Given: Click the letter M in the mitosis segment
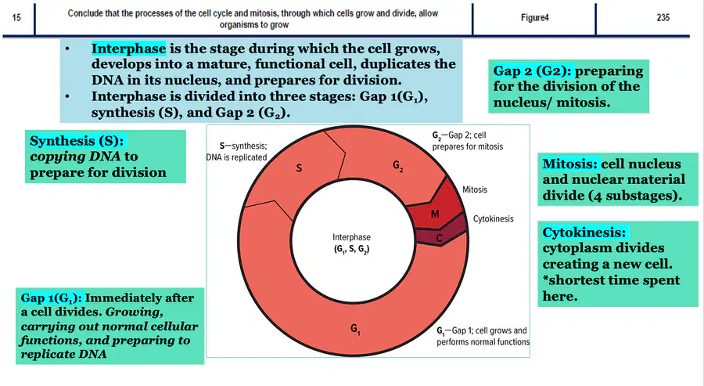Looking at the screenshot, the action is click(435, 214).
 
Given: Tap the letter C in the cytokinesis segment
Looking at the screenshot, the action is click(439, 238).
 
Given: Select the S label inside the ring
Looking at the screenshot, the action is click(299, 168).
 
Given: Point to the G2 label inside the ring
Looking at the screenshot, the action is click(398, 166).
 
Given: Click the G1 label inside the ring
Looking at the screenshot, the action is click(355, 330).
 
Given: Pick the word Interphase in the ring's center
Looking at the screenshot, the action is click(351, 236).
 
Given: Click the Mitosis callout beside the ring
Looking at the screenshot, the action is click(475, 189).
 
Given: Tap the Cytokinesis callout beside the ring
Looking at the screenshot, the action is click(493, 219).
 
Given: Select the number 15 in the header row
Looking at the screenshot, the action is click(16, 18).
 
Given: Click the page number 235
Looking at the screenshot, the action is click(663, 17).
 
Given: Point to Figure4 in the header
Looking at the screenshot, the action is click(535, 18).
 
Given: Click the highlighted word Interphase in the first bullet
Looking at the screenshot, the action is click(129, 49).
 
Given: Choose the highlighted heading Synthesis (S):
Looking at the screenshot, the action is click(77, 141).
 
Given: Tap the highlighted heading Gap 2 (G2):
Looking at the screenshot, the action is click(532, 71).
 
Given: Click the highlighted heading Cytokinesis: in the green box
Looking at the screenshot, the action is click(584, 233).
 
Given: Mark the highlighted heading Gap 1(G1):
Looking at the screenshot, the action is click(51, 298).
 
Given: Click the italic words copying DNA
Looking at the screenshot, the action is click(75, 157).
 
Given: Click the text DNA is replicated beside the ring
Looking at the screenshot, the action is click(236, 157).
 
